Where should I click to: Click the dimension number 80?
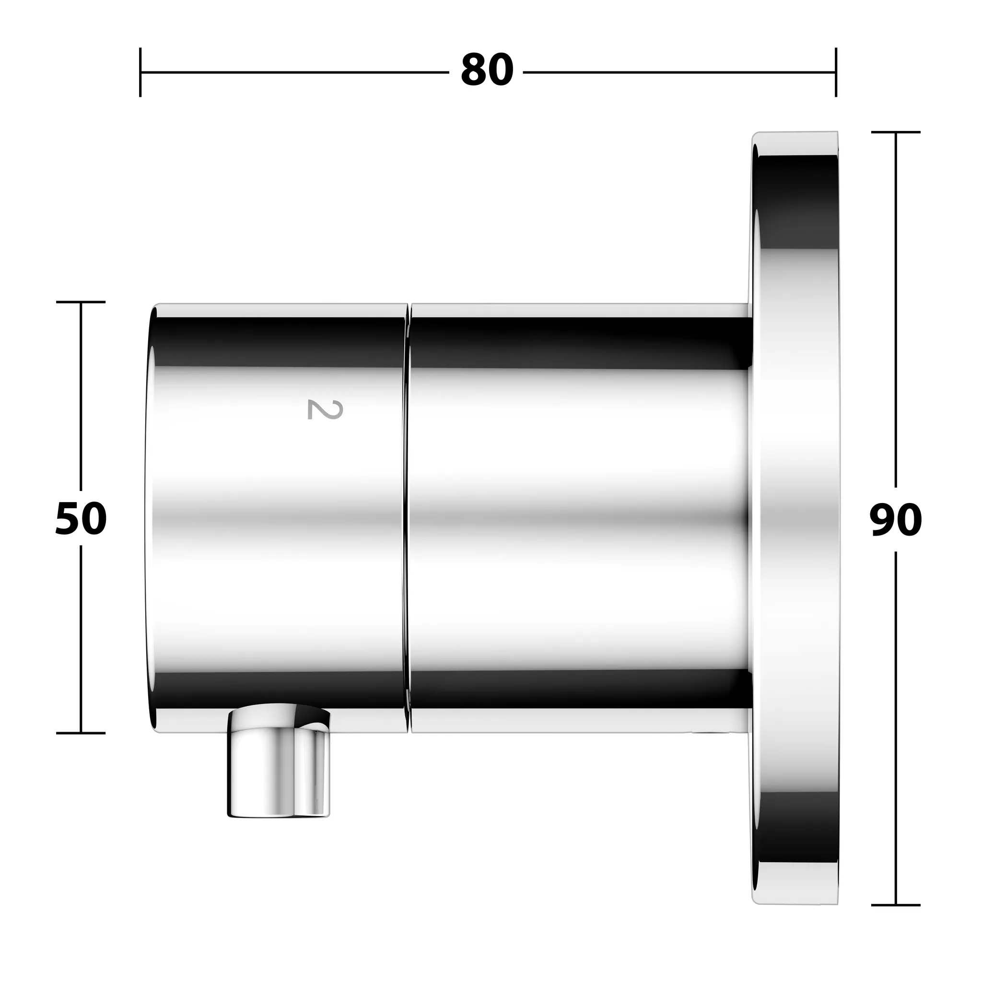pyautogui.click(x=486, y=70)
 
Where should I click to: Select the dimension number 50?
pyautogui.click(x=81, y=518)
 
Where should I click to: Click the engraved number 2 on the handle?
pyautogui.click(x=325, y=409)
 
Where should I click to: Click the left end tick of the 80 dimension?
pyautogui.click(x=140, y=72)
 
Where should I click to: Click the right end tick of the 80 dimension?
pyautogui.click(x=836, y=72)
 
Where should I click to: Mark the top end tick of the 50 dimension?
pyautogui.click(x=81, y=302)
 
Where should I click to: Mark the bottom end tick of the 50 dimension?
pyautogui.click(x=81, y=733)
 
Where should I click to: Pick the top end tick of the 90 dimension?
pyautogui.click(x=896, y=132)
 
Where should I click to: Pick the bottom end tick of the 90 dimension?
pyautogui.click(x=896, y=905)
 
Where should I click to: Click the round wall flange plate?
pyautogui.click(x=795, y=518)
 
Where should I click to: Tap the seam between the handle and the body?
pyautogui.click(x=408, y=518)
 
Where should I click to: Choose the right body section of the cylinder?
pyautogui.click(x=579, y=518)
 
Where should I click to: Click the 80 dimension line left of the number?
pyautogui.click(x=295, y=72)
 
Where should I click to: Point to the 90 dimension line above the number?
pyautogui.click(x=896, y=305)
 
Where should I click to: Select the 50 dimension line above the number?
pyautogui.click(x=81, y=397)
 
